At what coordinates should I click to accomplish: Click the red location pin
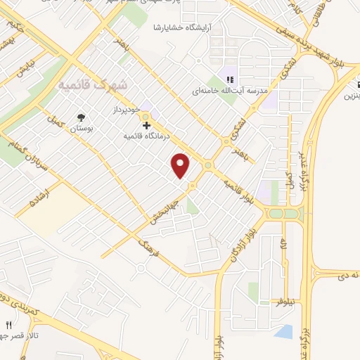(181, 166)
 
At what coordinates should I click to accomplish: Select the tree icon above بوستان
(83, 118)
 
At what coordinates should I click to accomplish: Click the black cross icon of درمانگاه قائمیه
(146, 124)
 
